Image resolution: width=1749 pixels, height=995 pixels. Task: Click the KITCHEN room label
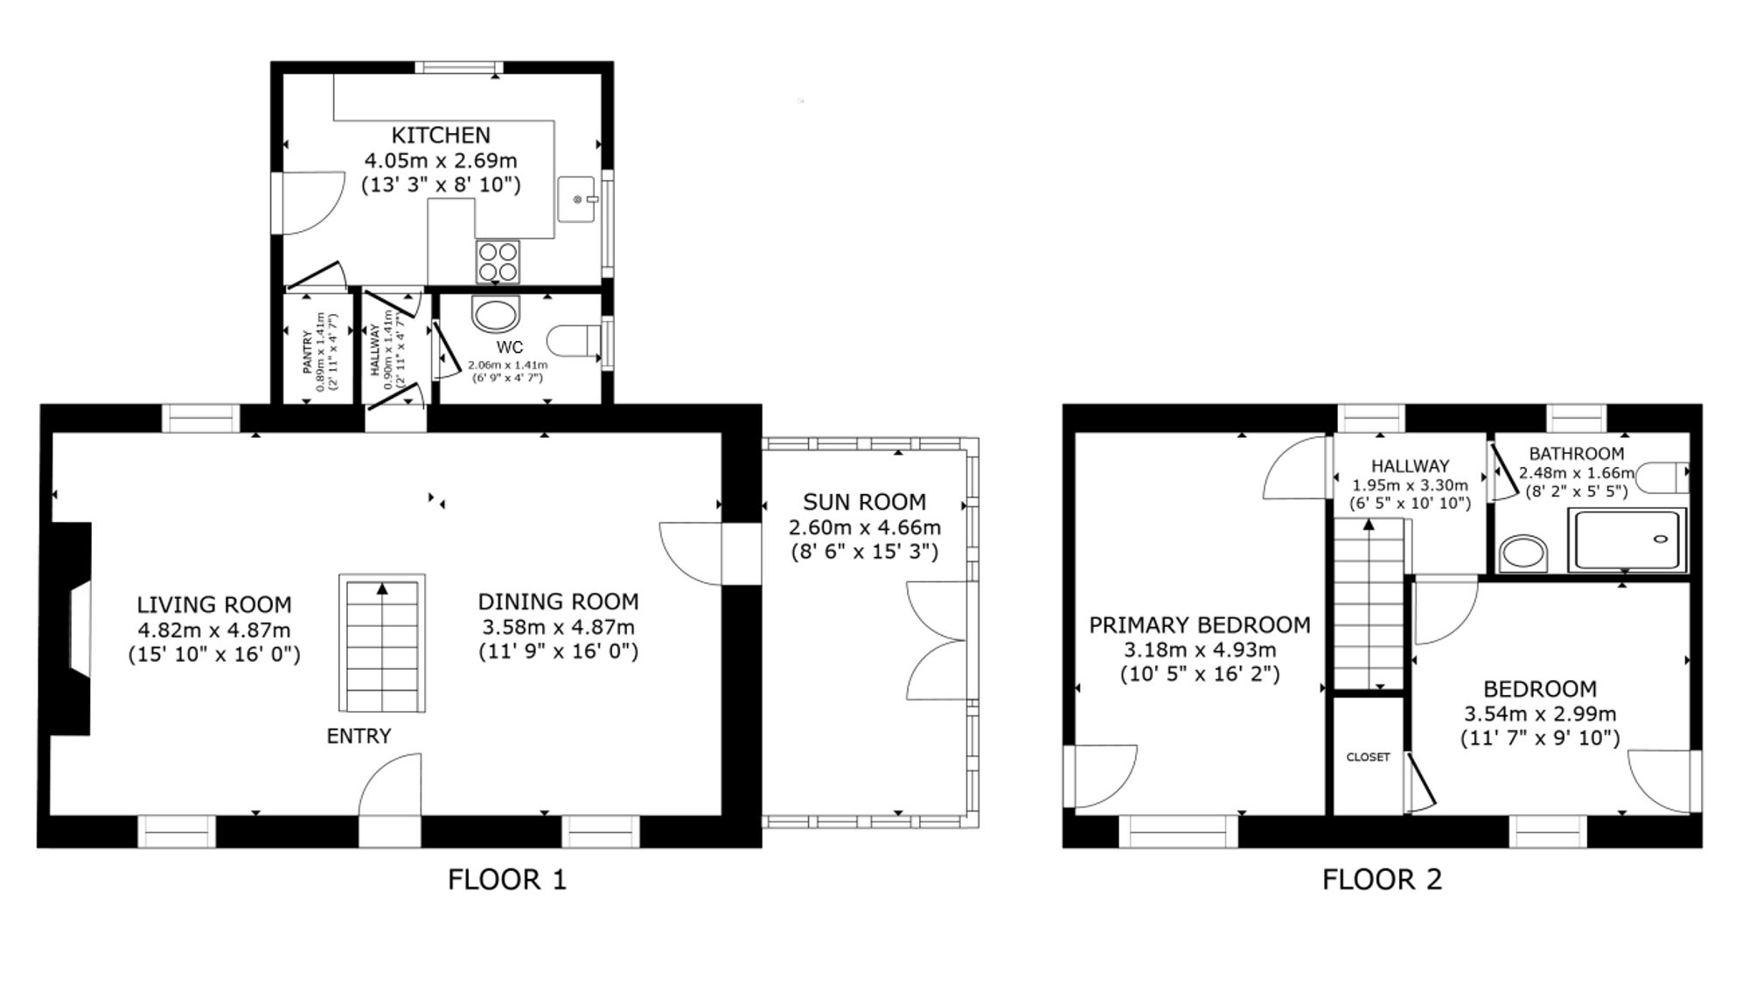(441, 136)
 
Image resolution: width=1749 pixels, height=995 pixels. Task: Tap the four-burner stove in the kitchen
(498, 261)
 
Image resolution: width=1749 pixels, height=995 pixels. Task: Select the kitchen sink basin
(576, 198)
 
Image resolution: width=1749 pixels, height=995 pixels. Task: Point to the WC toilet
(575, 340)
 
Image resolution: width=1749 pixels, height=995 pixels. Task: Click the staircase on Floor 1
(382, 644)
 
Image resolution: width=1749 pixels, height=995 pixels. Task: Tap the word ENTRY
(359, 736)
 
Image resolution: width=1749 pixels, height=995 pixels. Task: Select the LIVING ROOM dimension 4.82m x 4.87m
(214, 630)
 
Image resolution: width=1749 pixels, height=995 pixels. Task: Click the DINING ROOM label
(558, 602)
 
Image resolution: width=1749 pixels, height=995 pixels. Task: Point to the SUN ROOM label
(864, 502)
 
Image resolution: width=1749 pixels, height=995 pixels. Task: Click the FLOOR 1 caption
(507, 879)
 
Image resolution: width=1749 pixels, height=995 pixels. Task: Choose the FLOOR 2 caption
(1382, 879)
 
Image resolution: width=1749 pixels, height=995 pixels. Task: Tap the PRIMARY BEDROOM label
(1200, 625)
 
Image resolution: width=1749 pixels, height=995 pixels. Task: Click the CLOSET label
(1368, 757)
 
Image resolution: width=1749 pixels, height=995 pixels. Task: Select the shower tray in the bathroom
(1627, 540)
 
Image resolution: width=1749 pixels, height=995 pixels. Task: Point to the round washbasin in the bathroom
(1523, 553)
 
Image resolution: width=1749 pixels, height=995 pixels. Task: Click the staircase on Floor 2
(1369, 604)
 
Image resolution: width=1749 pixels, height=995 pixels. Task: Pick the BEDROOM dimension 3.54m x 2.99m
(1540, 713)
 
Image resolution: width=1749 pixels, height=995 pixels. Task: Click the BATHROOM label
(1576, 454)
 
